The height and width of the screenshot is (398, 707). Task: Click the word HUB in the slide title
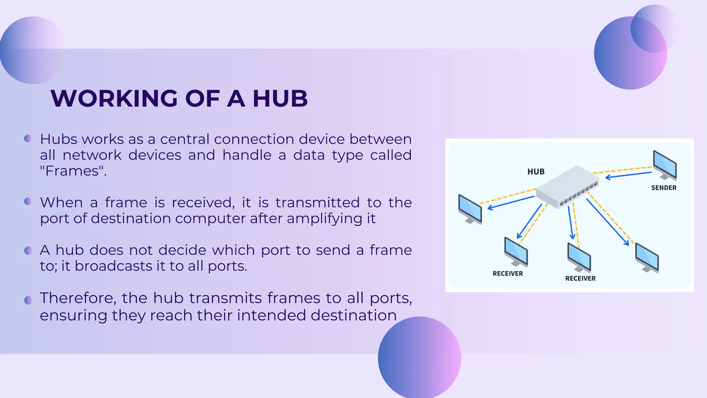pyautogui.click(x=280, y=99)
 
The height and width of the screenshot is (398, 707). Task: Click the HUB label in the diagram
pyautogui.click(x=536, y=172)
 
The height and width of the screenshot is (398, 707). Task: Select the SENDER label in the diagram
pyautogui.click(x=664, y=188)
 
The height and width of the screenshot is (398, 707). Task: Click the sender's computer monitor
pyautogui.click(x=665, y=165)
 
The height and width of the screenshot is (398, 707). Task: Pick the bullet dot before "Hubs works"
pyautogui.click(x=28, y=139)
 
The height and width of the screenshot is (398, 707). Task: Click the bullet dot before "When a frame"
pyautogui.click(x=28, y=201)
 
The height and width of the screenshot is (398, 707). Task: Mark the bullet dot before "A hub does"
pyautogui.click(x=28, y=250)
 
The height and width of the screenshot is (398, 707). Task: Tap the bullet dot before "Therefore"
pyautogui.click(x=28, y=300)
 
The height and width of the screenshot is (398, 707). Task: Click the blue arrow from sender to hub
pyautogui.click(x=628, y=175)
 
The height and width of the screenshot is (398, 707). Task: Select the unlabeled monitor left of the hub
pyautogui.click(x=470, y=209)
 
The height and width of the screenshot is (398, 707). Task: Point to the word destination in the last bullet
pyautogui.click(x=353, y=315)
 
